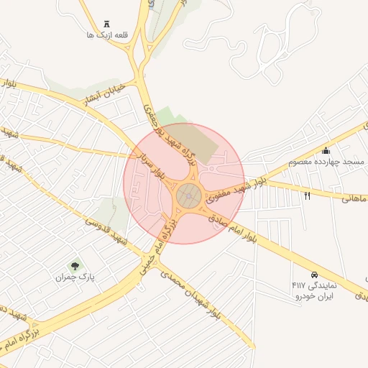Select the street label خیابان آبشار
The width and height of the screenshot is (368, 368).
105,93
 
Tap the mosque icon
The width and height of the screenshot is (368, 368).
326,151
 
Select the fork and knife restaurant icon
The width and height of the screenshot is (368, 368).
308,195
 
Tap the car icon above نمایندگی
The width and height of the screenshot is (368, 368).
314,275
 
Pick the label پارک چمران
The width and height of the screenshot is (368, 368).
75,277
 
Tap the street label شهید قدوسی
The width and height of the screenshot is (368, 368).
106,231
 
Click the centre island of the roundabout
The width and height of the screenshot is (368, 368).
189,194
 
